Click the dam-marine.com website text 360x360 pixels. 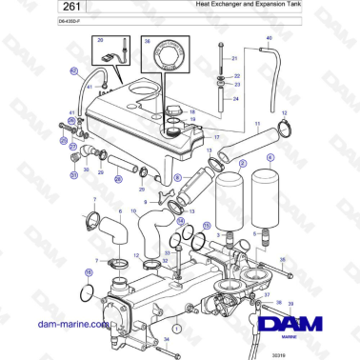(55, 324)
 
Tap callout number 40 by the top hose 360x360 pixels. (269, 38)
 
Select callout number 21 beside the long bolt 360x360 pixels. (236, 58)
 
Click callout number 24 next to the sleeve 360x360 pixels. (236, 97)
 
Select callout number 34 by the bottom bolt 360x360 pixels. (167, 339)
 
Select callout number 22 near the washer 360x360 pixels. (236, 75)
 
